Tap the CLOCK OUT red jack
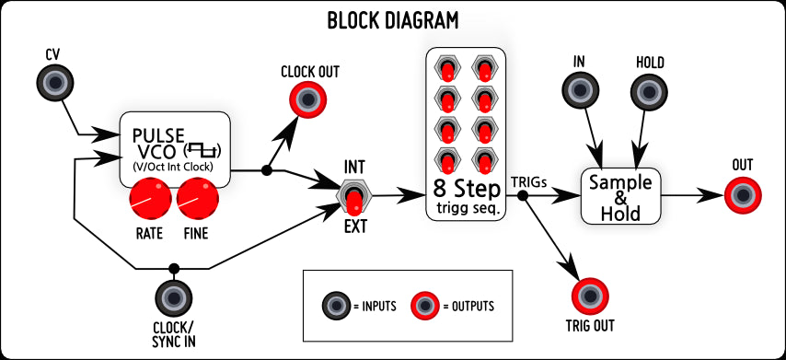pyautogui.click(x=307, y=99)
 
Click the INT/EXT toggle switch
pyautogui.click(x=354, y=195)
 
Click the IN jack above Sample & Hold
pyautogui.click(x=580, y=90)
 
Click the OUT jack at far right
pyautogui.click(x=742, y=194)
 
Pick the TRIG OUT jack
pyautogui.click(x=589, y=296)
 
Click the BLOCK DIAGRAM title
pyautogui.click(x=393, y=19)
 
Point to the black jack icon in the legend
pyautogui.click(x=336, y=306)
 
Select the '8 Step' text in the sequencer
pyautogui.click(x=466, y=189)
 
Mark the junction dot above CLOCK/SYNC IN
pyautogui.click(x=175, y=269)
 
